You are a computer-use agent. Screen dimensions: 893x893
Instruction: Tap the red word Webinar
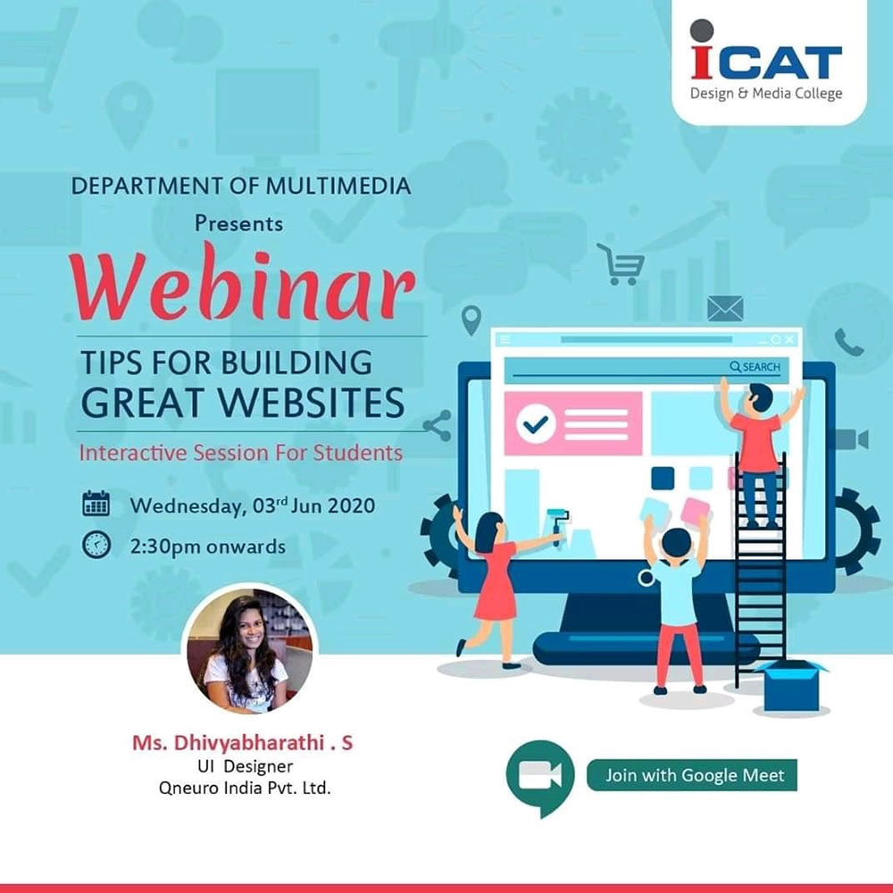[243, 284]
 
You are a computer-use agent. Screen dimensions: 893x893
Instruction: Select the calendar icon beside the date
[96, 504]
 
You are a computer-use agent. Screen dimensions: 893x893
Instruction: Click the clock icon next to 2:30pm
[96, 544]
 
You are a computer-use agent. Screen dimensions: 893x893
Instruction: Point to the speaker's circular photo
[249, 650]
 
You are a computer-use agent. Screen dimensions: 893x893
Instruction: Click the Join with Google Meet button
[692, 775]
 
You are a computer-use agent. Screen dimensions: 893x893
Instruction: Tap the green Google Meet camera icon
[540, 777]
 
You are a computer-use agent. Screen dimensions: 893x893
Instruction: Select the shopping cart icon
[622, 264]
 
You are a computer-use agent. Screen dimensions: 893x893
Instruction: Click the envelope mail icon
[725, 309]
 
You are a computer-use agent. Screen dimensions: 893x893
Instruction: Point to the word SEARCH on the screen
[761, 367]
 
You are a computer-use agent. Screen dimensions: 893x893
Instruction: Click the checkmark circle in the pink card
[536, 423]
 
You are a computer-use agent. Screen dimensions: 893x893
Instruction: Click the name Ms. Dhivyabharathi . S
[243, 743]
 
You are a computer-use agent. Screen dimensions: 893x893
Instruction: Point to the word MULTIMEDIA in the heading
[338, 187]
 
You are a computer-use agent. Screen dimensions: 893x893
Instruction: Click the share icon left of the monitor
[438, 426]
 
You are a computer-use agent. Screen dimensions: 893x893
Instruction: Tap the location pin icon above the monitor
[472, 320]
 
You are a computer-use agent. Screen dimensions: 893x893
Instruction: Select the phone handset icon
[849, 342]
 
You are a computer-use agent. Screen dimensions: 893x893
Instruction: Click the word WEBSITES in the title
[312, 402]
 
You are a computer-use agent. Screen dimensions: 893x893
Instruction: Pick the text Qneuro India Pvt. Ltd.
[245, 788]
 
